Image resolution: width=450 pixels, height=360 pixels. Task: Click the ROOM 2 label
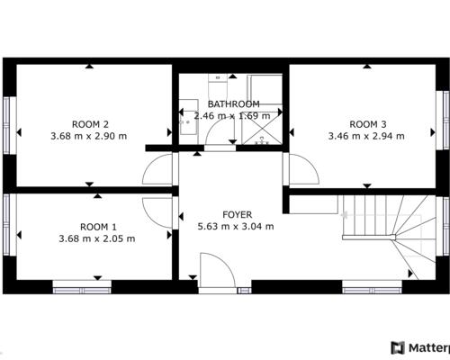[90, 124]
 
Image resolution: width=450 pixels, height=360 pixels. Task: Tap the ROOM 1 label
[98, 227]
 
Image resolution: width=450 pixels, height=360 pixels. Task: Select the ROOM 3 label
[368, 124]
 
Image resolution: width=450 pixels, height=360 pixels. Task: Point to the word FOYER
[237, 214]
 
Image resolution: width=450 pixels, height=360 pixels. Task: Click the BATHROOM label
[234, 104]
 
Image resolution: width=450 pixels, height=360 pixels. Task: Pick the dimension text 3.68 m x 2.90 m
[89, 136]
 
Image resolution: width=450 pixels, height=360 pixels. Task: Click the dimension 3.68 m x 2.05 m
[97, 238]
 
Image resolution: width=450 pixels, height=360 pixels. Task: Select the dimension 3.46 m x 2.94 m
[366, 136]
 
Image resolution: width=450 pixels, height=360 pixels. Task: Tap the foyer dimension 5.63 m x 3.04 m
[236, 226]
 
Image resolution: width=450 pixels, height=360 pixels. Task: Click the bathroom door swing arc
[211, 128]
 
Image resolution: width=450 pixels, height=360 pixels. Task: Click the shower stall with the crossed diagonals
[262, 128]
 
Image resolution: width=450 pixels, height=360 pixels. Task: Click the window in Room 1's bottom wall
[82, 287]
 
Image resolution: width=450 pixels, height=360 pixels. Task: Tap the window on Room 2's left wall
[9, 125]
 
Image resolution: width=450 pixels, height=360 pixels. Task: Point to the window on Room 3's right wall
[443, 120]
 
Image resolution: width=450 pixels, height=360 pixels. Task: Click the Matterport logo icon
[398, 348]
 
